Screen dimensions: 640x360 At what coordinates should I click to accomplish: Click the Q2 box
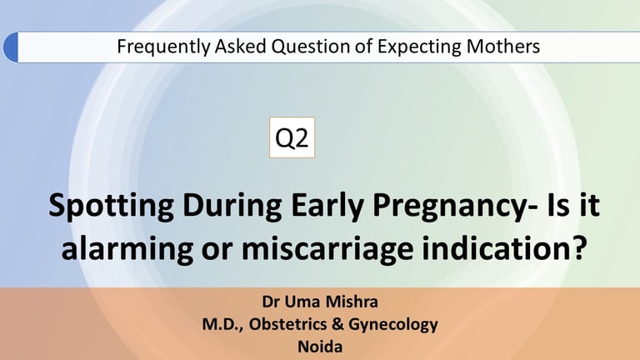pos(292,137)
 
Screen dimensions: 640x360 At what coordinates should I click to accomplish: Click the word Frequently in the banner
pos(163,47)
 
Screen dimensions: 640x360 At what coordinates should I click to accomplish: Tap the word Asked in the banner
pos(240,46)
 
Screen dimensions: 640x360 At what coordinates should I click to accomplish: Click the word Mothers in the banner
pos(502,46)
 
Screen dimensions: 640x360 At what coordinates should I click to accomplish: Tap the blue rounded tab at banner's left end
pos(11,47)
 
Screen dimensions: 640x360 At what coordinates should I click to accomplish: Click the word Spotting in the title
pos(111,206)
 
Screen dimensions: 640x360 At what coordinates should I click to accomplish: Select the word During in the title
pos(232,206)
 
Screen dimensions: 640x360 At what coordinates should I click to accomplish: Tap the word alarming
pos(127,249)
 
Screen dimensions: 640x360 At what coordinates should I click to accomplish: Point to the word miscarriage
pos(327,249)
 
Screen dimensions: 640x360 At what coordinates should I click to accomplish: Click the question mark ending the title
pos(576,247)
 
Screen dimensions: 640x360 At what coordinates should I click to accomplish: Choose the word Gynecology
pos(393,325)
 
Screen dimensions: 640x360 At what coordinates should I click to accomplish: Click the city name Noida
pos(320,347)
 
